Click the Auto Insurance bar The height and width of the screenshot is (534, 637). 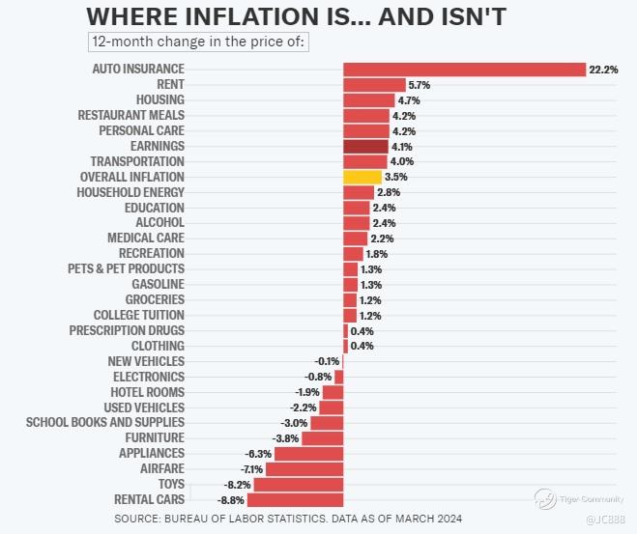pos(464,70)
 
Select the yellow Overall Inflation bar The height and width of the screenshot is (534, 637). pos(362,178)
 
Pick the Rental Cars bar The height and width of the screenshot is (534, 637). pos(295,500)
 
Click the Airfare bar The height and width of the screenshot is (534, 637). pos(304,469)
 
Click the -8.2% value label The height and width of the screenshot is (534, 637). pos(237,485)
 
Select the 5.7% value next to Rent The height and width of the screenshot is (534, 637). pos(419,85)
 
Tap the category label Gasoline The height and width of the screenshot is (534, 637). pos(158,284)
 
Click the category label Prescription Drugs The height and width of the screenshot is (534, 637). pos(127,330)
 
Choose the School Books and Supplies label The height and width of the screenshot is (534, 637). pos(104,423)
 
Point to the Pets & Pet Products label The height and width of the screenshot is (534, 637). pos(126,268)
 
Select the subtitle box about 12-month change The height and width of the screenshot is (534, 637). pos(198,42)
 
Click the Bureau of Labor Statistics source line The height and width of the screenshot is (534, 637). pos(287,520)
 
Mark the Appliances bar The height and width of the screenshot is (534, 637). pos(308,454)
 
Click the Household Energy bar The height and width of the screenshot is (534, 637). pos(359,193)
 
